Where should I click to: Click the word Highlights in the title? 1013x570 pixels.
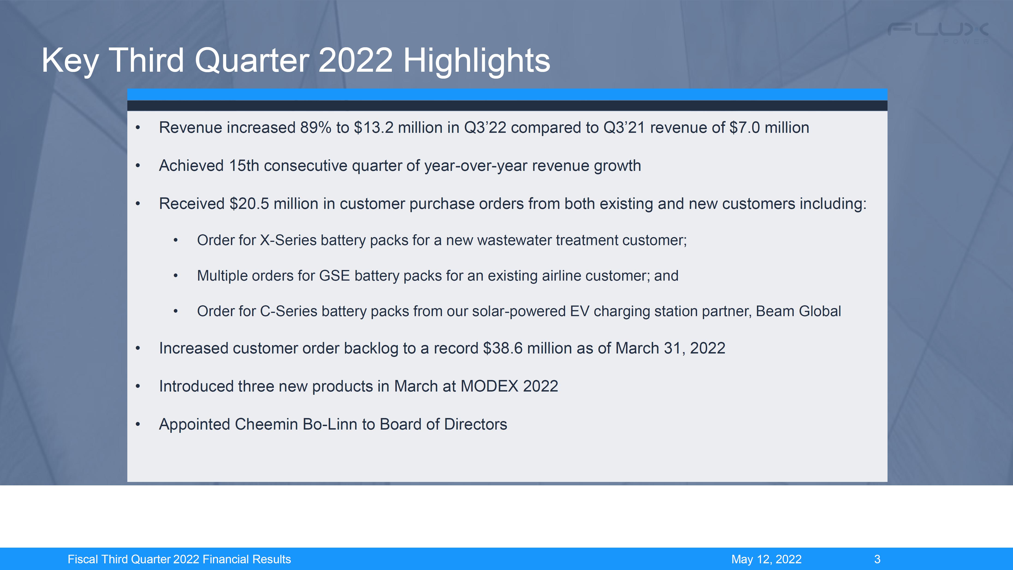pos(477,61)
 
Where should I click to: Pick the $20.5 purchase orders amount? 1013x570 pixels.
pos(249,204)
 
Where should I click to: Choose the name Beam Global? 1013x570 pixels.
pos(798,311)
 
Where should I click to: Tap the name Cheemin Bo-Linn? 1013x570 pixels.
pos(296,424)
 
